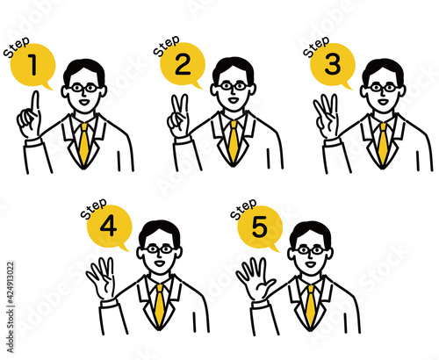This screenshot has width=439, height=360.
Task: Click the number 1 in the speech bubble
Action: click(x=33, y=65)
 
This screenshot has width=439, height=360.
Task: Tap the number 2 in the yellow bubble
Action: click(x=183, y=64)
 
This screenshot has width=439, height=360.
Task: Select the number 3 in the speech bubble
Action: click(x=333, y=64)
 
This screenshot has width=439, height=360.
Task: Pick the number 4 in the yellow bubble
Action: click(x=109, y=226)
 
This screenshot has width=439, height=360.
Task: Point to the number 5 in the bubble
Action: click(x=260, y=227)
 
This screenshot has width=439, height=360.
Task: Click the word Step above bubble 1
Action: click(x=17, y=47)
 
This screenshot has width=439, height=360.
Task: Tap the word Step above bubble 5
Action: click(x=243, y=209)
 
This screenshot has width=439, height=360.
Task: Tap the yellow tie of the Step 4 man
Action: click(x=159, y=305)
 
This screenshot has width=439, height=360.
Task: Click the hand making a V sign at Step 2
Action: click(x=178, y=116)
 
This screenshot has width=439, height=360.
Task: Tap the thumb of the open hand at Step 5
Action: click(x=269, y=284)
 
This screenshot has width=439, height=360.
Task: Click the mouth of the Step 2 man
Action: click(x=234, y=100)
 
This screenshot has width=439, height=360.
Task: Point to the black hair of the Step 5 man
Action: click(x=310, y=232)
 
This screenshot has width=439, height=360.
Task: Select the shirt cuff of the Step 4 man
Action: click(x=108, y=303)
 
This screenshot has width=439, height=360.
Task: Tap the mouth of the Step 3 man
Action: click(x=383, y=102)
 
